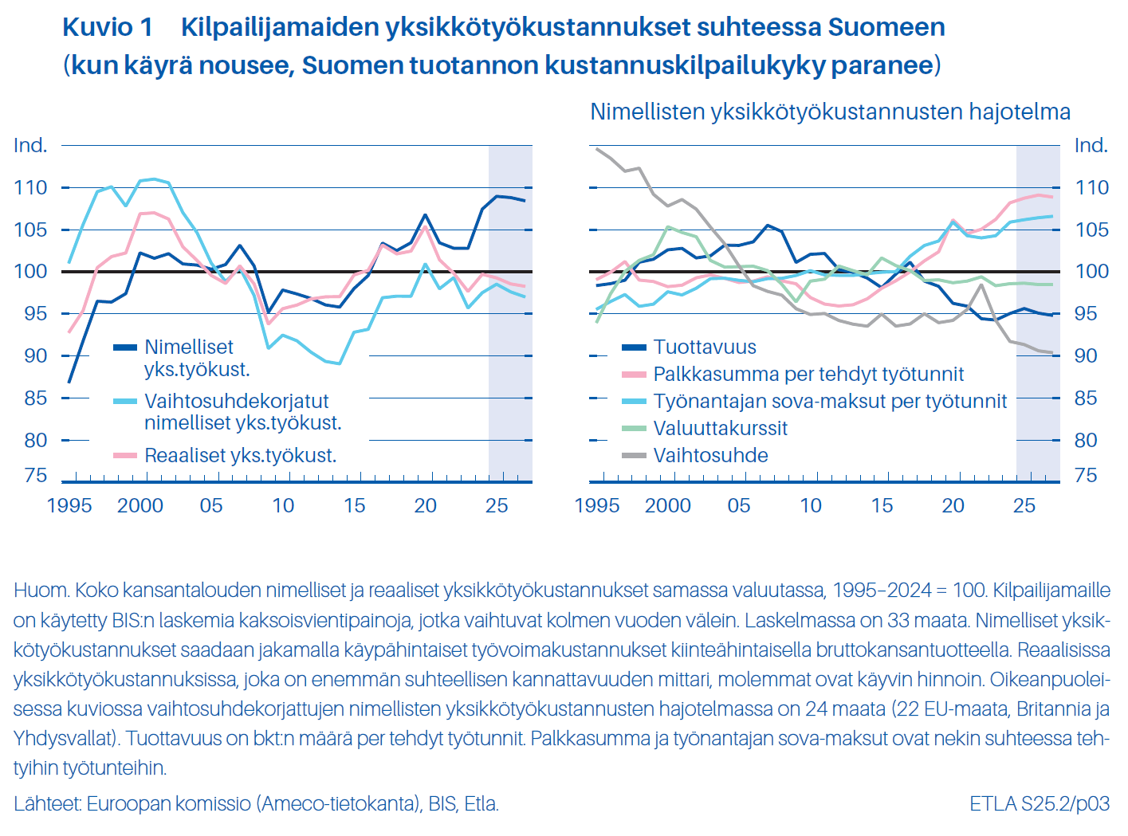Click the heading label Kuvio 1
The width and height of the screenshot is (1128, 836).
(x=108, y=27)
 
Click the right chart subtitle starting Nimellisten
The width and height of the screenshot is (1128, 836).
(x=830, y=112)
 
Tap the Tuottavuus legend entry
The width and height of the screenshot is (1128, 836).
(x=704, y=347)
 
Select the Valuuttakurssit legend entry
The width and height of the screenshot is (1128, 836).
(x=720, y=428)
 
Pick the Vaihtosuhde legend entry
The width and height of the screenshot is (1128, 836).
(x=710, y=455)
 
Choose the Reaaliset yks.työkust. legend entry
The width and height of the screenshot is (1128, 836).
(x=240, y=455)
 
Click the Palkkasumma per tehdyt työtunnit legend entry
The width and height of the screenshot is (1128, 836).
(x=808, y=374)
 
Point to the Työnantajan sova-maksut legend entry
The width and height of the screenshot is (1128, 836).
(x=830, y=401)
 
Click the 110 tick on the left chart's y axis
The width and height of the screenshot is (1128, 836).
(x=30, y=188)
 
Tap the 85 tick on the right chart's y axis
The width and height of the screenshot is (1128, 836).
(x=1086, y=398)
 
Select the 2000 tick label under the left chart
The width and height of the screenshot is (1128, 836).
(x=140, y=505)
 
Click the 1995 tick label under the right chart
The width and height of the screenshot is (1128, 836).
(x=597, y=505)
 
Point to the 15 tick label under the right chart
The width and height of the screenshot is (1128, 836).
(x=882, y=505)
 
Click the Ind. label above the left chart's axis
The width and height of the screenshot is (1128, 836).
(x=30, y=145)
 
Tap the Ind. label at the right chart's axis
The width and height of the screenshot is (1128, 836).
(x=1091, y=145)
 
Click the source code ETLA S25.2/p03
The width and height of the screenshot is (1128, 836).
(x=1040, y=803)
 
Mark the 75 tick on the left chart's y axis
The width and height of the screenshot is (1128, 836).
(x=36, y=476)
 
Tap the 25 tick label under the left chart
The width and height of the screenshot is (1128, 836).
(x=497, y=505)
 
